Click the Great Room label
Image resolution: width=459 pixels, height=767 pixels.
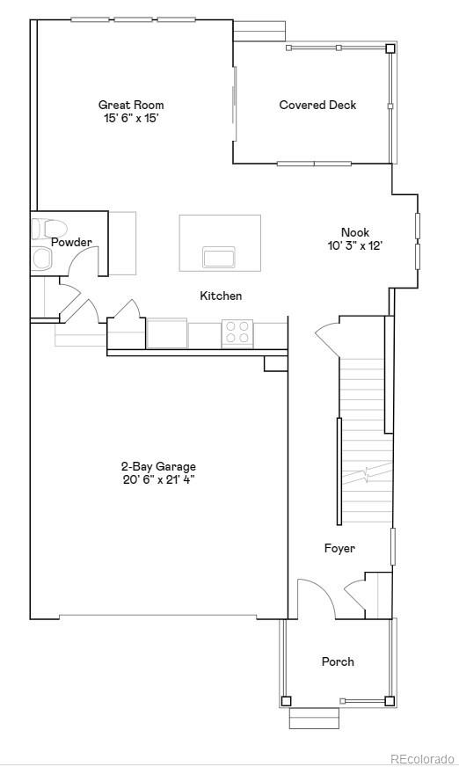point(130,106)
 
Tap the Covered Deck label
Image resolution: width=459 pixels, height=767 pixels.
point(305,106)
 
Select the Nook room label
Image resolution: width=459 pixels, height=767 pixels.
point(355,233)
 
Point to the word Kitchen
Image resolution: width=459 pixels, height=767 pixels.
point(221,296)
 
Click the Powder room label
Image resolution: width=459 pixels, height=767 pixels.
point(71,243)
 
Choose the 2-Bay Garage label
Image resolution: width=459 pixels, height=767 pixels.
point(158,467)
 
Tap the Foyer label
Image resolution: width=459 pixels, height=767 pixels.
point(339,549)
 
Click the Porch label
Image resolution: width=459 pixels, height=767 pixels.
point(338,661)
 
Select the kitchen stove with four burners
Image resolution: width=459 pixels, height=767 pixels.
point(237,332)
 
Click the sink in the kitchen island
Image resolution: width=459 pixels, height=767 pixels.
point(219,257)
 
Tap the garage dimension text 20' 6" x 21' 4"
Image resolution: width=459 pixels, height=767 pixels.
point(158,480)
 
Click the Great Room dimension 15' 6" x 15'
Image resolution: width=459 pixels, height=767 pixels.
point(130,118)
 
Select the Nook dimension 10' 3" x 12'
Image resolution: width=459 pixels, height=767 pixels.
point(355,247)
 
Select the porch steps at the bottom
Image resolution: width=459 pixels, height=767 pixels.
point(314,719)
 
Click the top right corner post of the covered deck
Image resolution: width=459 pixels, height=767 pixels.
point(390,48)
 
